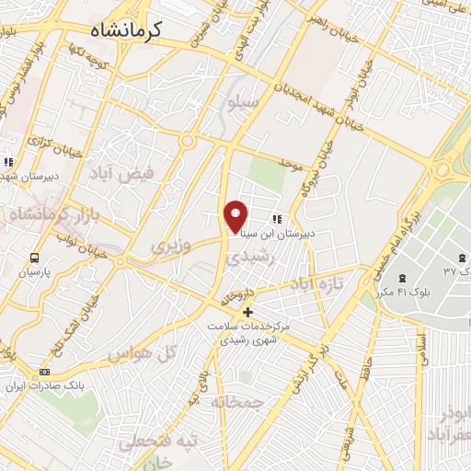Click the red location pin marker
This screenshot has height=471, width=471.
(236, 215)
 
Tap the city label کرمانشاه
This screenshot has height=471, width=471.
(127, 30)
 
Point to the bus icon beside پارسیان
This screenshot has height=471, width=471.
(35, 258)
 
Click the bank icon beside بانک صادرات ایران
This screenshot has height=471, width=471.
(44, 373)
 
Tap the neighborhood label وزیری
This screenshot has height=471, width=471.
(171, 247)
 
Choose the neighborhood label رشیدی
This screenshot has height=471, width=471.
(246, 261)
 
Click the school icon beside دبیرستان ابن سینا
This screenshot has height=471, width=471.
(276, 219)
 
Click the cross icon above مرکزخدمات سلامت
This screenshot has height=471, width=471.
(247, 312)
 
